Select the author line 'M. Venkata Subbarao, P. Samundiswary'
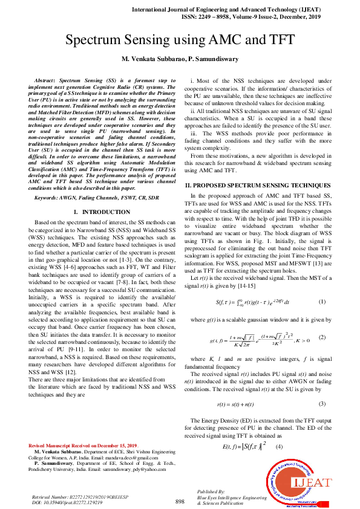coord(180,59)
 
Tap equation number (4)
coord(279,446)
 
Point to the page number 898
coord(180,502)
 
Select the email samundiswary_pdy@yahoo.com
coord(131,468)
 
